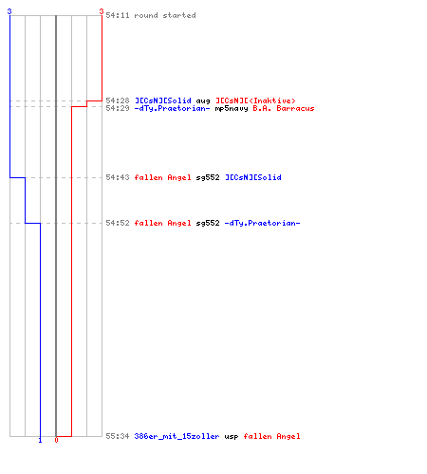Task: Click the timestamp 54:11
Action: pyautogui.click(x=118, y=15)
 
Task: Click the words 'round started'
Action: pyautogui.click(x=165, y=15)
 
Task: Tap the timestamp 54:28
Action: pyautogui.click(x=118, y=100)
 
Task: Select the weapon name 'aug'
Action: pyautogui.click(x=203, y=101)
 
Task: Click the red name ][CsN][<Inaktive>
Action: pyautogui.click(x=255, y=100)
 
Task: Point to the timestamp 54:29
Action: pyautogui.click(x=118, y=108)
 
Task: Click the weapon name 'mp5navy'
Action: pyautogui.click(x=232, y=109)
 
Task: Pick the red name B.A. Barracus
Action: pyautogui.click(x=284, y=108)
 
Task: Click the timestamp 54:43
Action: pyautogui.click(x=118, y=177)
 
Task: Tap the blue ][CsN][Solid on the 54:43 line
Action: pyautogui.click(x=253, y=177)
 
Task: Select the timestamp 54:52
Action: pyautogui.click(x=118, y=223)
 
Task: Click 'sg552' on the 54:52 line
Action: pyautogui.click(x=208, y=223)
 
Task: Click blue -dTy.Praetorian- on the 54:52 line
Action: pyautogui.click(x=262, y=223)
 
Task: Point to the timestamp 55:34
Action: pyautogui.click(x=118, y=436)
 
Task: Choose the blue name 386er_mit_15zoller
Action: pyautogui.click(x=176, y=436)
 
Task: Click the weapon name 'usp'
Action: pyautogui.click(x=232, y=437)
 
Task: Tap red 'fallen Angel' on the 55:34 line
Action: pyautogui.click(x=271, y=436)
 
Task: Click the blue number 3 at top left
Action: pyautogui.click(x=9, y=11)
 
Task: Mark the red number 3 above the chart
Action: pyautogui.click(x=102, y=11)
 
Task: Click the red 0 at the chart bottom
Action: pyautogui.click(x=56, y=440)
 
